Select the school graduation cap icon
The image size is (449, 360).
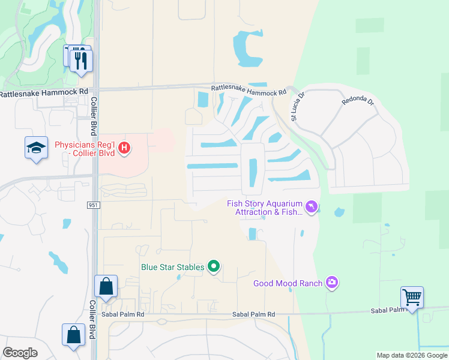[x=36, y=148]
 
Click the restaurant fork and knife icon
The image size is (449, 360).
[x=81, y=60]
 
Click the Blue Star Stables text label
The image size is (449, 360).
[x=173, y=267]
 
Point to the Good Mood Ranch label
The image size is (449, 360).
[x=288, y=283]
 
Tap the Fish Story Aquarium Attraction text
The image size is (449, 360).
[x=264, y=208]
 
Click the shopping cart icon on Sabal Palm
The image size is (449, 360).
[x=412, y=297]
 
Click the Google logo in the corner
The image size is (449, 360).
[x=20, y=353]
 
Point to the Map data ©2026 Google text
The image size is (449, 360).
[x=411, y=355]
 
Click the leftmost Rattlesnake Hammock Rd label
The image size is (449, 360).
[x=44, y=92]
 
